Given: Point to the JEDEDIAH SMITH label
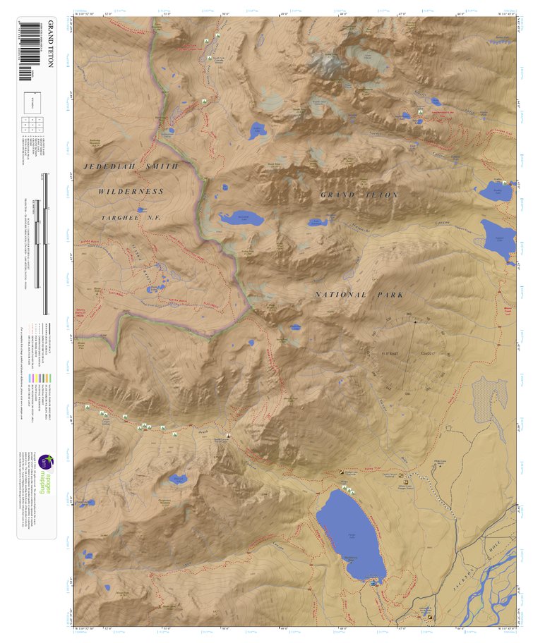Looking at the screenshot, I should tap(131, 166).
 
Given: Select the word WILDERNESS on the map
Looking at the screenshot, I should tap(131, 192).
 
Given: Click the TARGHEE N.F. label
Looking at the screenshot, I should tap(131, 219).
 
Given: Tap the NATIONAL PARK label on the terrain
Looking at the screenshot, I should tap(360, 295).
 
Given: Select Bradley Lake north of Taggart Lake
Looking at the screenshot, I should tap(494, 190).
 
